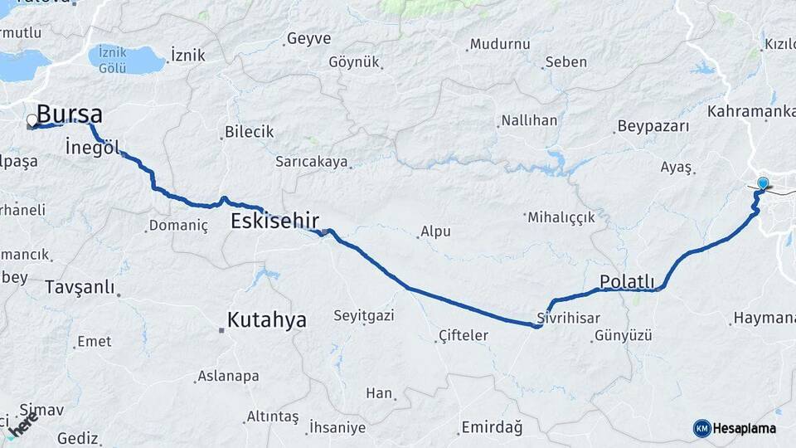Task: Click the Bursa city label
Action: click(x=70, y=114)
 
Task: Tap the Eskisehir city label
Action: click(x=274, y=222)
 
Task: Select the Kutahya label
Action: click(x=267, y=319)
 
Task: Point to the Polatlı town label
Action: click(x=627, y=282)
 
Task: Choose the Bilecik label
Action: click(x=250, y=132)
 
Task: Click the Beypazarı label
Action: click(x=653, y=127)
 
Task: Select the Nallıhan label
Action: click(x=529, y=120)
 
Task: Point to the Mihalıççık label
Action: click(x=561, y=217)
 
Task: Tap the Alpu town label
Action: click(x=435, y=231)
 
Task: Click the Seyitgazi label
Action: click(x=363, y=315)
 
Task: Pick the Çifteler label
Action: click(x=463, y=336)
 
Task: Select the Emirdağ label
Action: click(x=492, y=427)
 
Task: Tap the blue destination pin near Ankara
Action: click(x=763, y=183)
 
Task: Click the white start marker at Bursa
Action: click(x=32, y=121)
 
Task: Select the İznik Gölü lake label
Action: click(x=112, y=59)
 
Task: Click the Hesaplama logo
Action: click(x=735, y=428)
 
